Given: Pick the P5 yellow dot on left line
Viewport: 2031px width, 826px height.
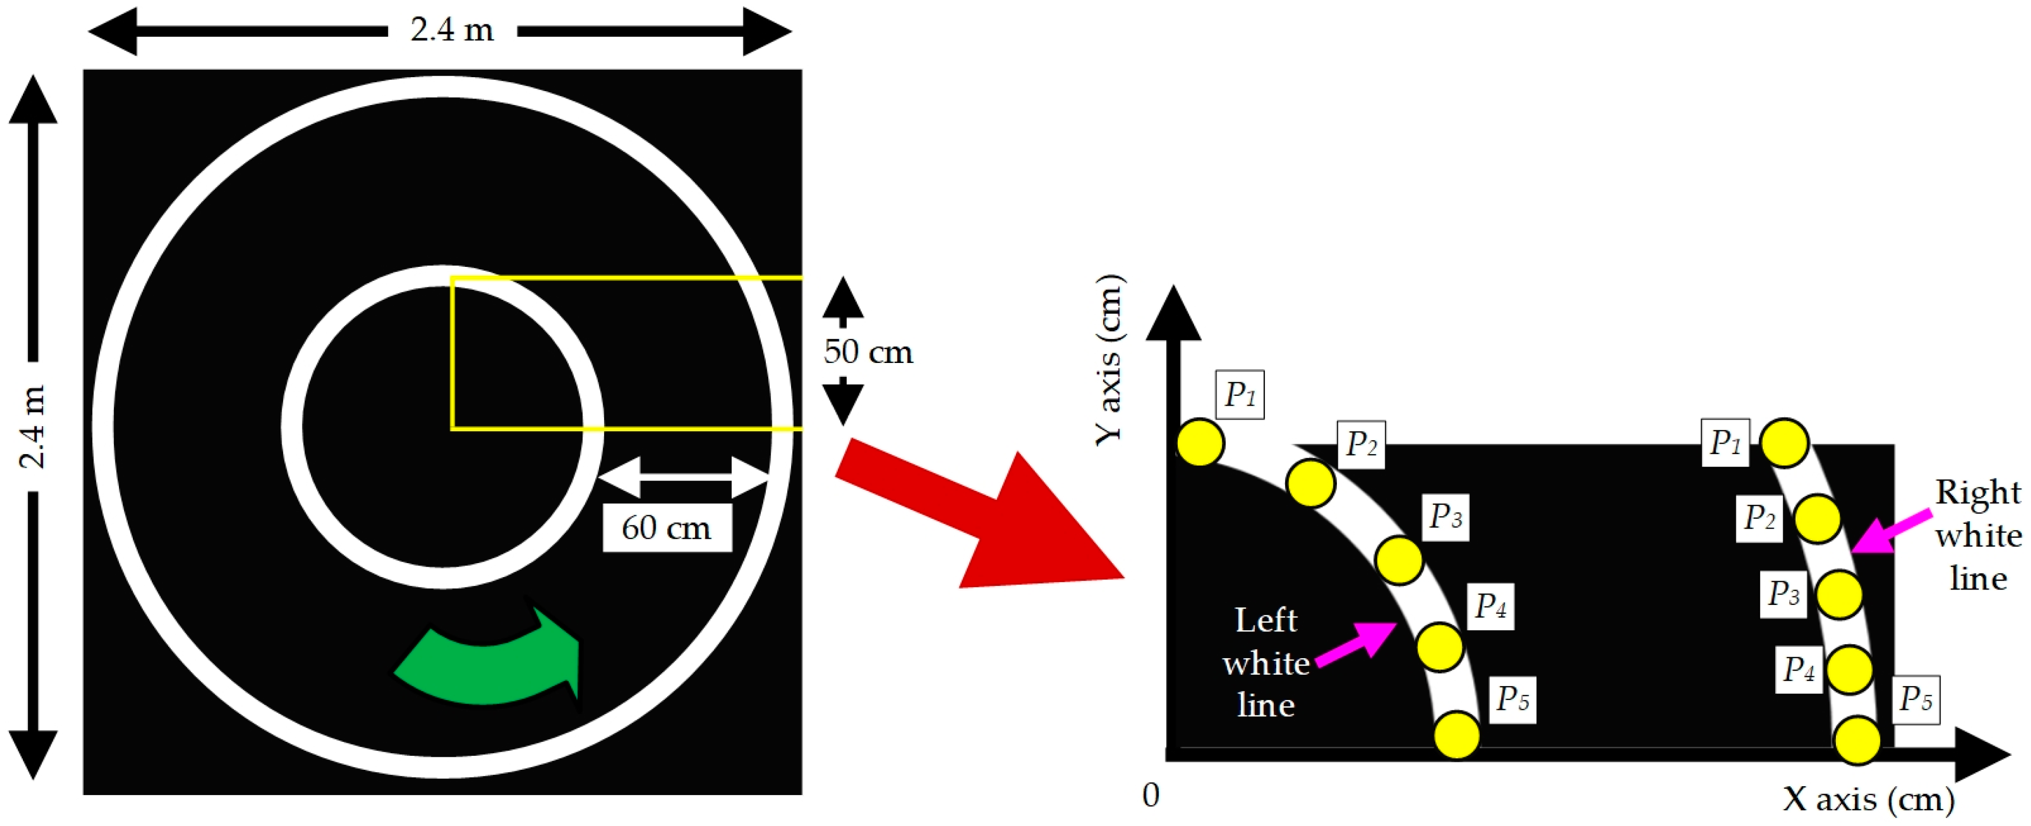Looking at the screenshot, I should [1456, 734].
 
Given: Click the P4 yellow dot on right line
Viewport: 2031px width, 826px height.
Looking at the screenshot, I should [1849, 669].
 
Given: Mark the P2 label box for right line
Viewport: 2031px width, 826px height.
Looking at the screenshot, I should [1759, 518].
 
